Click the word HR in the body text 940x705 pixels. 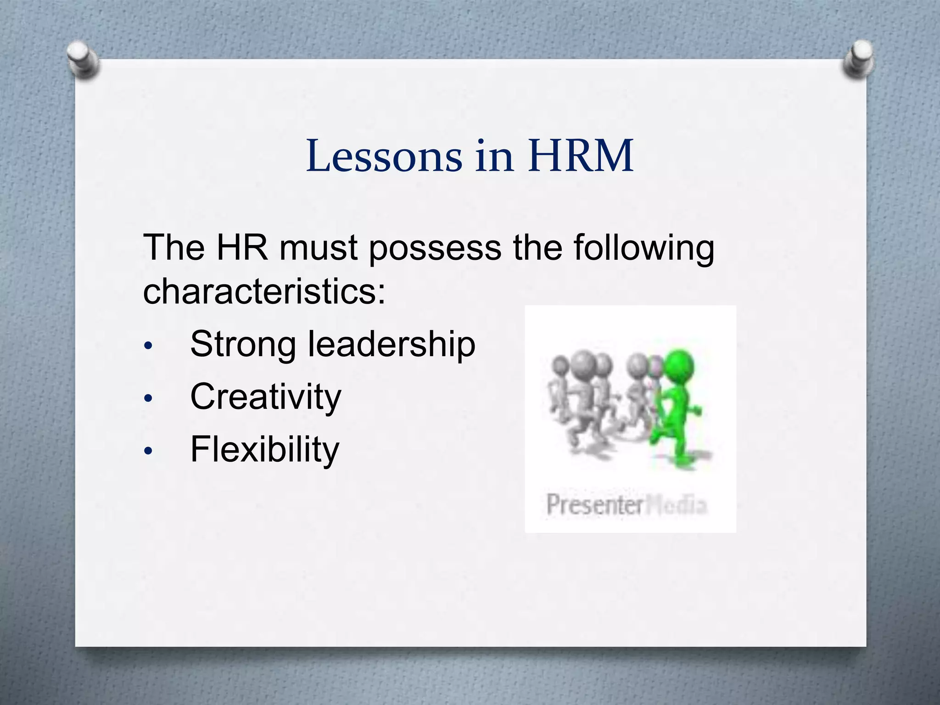point(242,248)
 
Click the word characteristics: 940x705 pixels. point(264,292)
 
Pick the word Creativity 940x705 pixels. point(266,397)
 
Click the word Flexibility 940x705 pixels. point(265,450)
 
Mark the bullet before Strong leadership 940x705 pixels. point(147,346)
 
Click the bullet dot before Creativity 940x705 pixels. point(147,398)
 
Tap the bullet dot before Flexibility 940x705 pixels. point(147,451)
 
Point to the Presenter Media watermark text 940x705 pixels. point(627,505)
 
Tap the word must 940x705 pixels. point(319,248)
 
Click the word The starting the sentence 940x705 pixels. point(174,248)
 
